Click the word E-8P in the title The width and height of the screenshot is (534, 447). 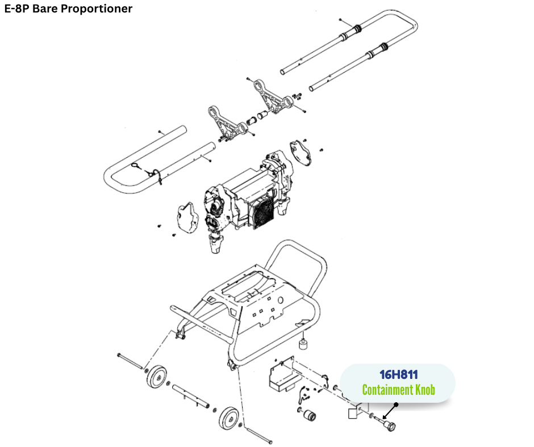[x=17, y=9]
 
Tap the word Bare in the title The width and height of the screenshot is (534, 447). [x=46, y=9]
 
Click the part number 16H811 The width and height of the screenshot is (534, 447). [x=398, y=375]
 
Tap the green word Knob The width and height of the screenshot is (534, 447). [x=423, y=390]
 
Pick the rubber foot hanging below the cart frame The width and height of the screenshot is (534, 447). [x=304, y=344]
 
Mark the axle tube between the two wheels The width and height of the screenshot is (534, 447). [x=190, y=396]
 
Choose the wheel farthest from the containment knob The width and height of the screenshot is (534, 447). [x=156, y=377]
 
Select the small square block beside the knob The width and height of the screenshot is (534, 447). [x=353, y=414]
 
